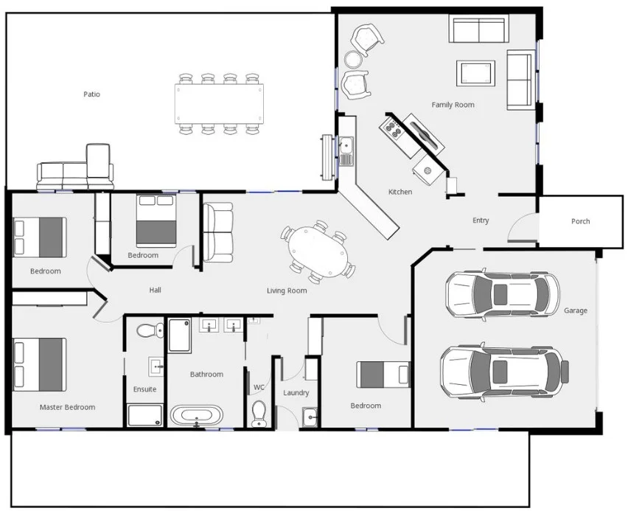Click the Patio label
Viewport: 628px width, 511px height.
(91, 94)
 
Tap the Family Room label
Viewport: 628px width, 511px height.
(453, 105)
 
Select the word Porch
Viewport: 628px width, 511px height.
(580, 221)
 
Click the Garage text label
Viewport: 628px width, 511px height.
(576, 310)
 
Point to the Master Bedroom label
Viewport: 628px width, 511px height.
(67, 407)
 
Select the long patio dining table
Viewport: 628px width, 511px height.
(219, 102)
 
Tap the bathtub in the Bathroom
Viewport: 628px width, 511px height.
(196, 415)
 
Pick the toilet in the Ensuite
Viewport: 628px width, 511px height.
(150, 330)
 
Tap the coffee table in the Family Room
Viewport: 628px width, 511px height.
(475, 73)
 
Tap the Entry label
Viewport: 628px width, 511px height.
(481, 220)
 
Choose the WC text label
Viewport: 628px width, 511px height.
(259, 387)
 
